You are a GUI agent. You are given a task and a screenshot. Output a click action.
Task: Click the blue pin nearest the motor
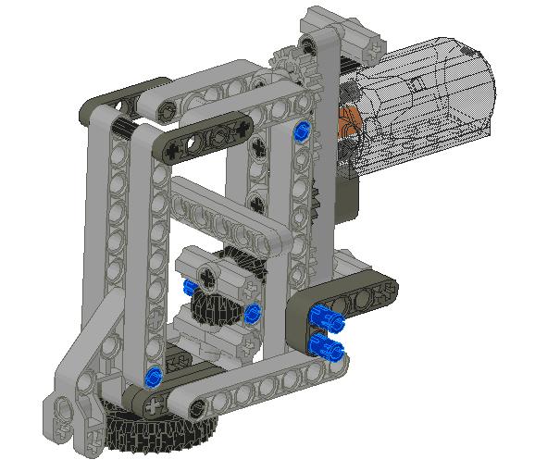299,131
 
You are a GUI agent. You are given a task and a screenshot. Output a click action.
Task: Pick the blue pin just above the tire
155,376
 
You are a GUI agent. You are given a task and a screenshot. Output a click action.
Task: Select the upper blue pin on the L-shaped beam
325,316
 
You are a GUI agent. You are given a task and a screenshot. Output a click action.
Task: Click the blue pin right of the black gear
252,313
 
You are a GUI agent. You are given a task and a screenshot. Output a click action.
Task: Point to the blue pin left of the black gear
191,290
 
